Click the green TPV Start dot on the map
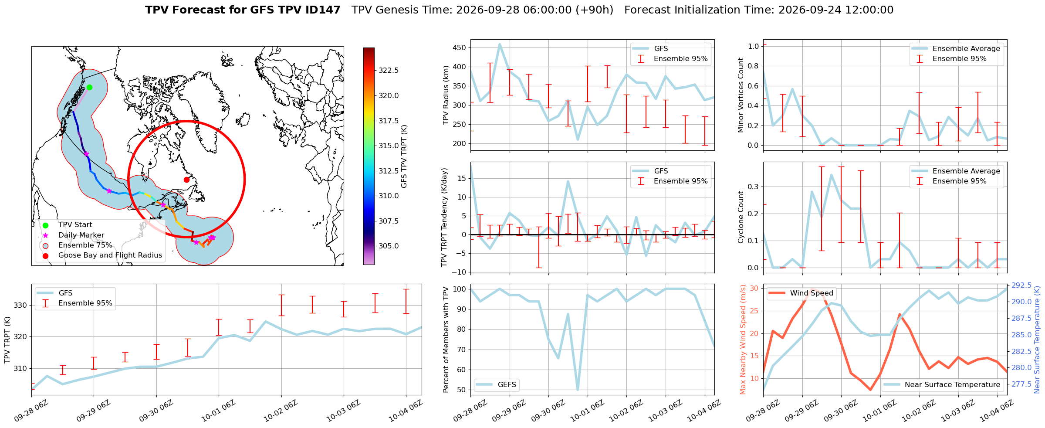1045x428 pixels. pyautogui.click(x=89, y=87)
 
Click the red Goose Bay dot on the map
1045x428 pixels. pyautogui.click(x=186, y=180)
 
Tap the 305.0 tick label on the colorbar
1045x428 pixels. pyautogui.click(x=389, y=246)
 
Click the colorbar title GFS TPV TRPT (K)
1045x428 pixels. pyautogui.click(x=404, y=156)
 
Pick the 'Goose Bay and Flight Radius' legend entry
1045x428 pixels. pyautogui.click(x=110, y=255)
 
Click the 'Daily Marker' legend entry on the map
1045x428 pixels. pyautogui.click(x=81, y=235)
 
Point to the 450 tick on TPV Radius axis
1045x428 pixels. pyautogui.click(x=460, y=48)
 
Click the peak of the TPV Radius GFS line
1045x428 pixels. pyautogui.click(x=500, y=44)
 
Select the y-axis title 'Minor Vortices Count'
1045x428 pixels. pyautogui.click(x=741, y=95)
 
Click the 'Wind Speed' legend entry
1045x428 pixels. pyautogui.click(x=812, y=293)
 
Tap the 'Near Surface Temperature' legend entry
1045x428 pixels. pyautogui.click(x=952, y=385)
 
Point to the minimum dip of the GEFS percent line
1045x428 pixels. pyautogui.click(x=578, y=390)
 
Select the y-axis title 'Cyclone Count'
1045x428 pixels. pyautogui.click(x=741, y=217)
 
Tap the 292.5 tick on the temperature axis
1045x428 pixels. pyautogui.click(x=1021, y=285)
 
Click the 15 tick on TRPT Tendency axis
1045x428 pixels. pyautogui.click(x=463, y=178)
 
